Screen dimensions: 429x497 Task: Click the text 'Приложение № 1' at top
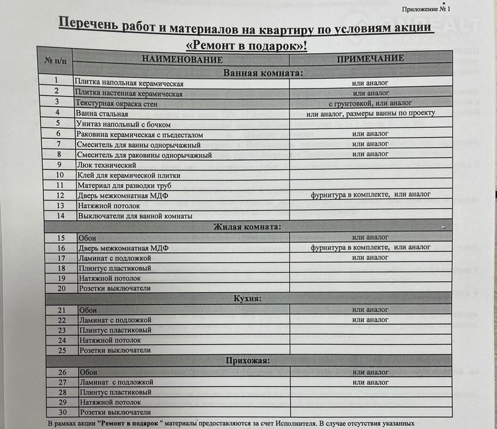pyautogui.click(x=426, y=9)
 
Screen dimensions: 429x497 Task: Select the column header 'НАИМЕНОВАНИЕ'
pyautogui.click(x=182, y=60)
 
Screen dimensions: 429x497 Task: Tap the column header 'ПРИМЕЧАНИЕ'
pyautogui.click(x=370, y=58)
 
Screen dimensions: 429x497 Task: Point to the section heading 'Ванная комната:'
pyautogui.click(x=263, y=73)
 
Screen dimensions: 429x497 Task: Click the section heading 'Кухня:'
pyautogui.click(x=248, y=299)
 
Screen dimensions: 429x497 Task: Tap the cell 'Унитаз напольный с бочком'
pyautogui.click(x=123, y=124)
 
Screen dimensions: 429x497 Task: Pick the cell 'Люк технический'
pyautogui.click(x=107, y=165)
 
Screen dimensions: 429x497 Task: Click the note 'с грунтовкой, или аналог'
pyautogui.click(x=370, y=103)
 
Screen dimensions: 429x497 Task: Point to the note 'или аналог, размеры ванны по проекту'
pyautogui.click(x=370, y=113)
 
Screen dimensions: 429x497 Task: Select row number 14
pyautogui.click(x=60, y=216)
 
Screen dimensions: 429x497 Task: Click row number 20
pyautogui.click(x=61, y=288)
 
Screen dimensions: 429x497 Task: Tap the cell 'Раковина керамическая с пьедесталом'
pyautogui.click(x=140, y=134)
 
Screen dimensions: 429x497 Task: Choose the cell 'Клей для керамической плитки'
pyautogui.click(x=129, y=175)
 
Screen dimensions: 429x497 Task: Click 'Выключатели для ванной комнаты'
pyautogui.click(x=135, y=216)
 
